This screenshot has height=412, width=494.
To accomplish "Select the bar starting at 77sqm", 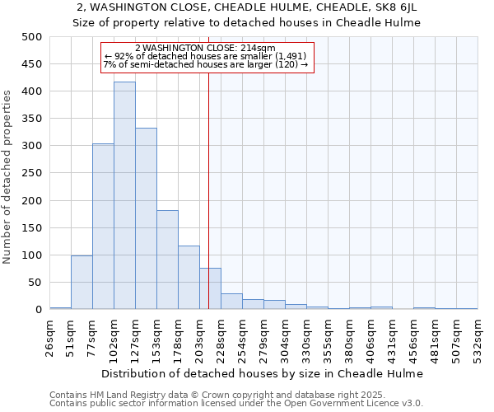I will click(103, 227).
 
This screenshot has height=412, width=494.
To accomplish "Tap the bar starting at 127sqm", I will click(146, 218).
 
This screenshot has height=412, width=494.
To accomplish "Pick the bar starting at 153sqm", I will click(167, 260).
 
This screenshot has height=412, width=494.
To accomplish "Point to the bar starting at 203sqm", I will click(210, 288).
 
